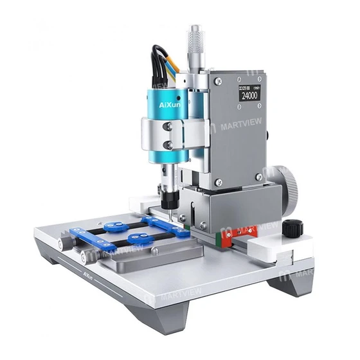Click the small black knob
click(x=294, y=226)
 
